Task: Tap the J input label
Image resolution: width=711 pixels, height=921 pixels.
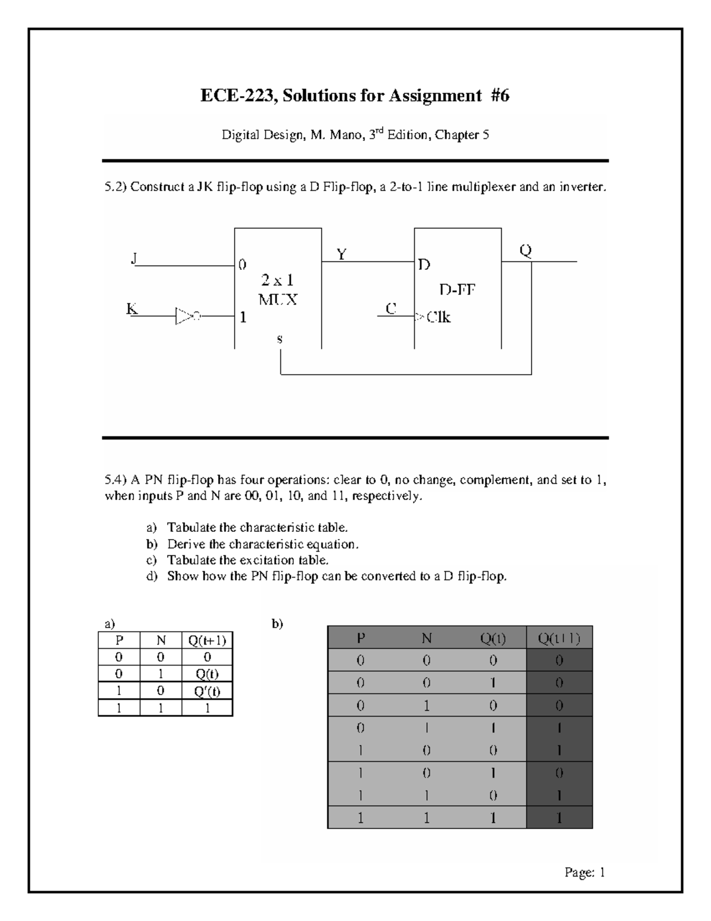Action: click(x=134, y=259)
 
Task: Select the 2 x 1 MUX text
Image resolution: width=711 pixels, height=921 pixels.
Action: click(x=278, y=289)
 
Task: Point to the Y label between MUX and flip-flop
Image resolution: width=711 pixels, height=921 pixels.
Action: click(x=341, y=254)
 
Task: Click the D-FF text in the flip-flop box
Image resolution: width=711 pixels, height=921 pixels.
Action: click(x=457, y=290)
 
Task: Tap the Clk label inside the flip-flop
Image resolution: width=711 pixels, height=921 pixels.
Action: click(x=438, y=317)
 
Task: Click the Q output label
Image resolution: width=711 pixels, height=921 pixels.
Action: click(x=526, y=251)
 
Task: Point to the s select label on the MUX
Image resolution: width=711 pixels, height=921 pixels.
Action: click(x=280, y=340)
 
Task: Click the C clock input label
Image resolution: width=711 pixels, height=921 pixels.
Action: click(x=390, y=309)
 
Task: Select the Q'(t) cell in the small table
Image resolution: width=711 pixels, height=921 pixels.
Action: click(x=207, y=691)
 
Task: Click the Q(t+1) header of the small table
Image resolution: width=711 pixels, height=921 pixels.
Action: click(x=207, y=640)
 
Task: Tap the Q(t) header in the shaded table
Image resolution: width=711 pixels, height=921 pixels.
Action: click(x=493, y=638)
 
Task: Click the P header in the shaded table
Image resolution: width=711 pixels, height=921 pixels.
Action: click(x=361, y=638)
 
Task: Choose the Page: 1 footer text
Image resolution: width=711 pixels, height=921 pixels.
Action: click(x=584, y=872)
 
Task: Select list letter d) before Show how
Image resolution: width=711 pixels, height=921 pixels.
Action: click(x=152, y=576)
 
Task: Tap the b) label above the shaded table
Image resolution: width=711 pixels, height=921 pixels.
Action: click(x=277, y=623)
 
